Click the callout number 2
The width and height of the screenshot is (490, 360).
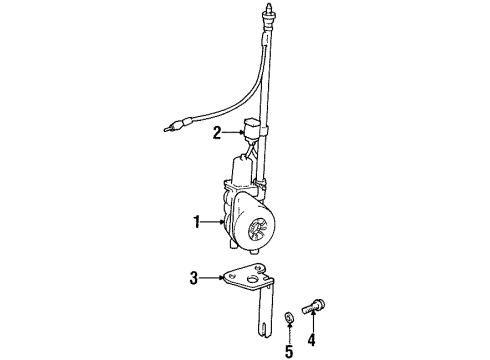coord(216,131)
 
